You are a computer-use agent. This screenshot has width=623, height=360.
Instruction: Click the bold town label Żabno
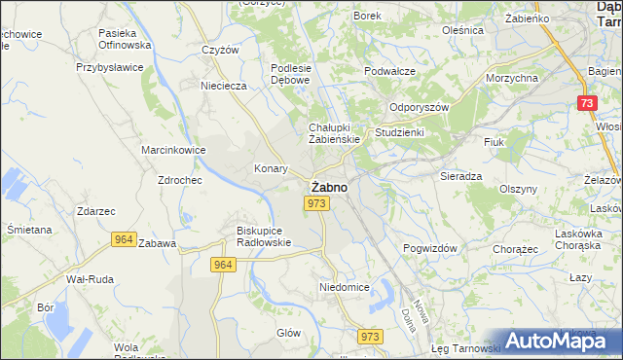[x=326, y=186]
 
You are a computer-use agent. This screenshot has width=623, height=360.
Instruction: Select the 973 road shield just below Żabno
[x=314, y=202]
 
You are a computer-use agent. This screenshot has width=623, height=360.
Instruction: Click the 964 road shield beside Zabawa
[x=123, y=238]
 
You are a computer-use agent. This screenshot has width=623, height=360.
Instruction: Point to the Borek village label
[x=367, y=16]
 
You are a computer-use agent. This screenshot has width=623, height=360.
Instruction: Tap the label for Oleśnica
[x=462, y=30]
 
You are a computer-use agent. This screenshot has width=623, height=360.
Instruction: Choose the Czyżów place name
[x=220, y=50]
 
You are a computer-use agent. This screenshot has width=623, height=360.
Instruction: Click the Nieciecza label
[x=224, y=86]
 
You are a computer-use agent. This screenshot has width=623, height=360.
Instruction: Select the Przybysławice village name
[x=110, y=68]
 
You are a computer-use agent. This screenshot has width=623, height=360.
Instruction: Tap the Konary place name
[x=271, y=167]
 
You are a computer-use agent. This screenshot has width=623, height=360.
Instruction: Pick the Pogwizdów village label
[x=430, y=248]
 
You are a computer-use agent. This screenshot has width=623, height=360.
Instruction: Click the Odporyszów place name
[x=419, y=108]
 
